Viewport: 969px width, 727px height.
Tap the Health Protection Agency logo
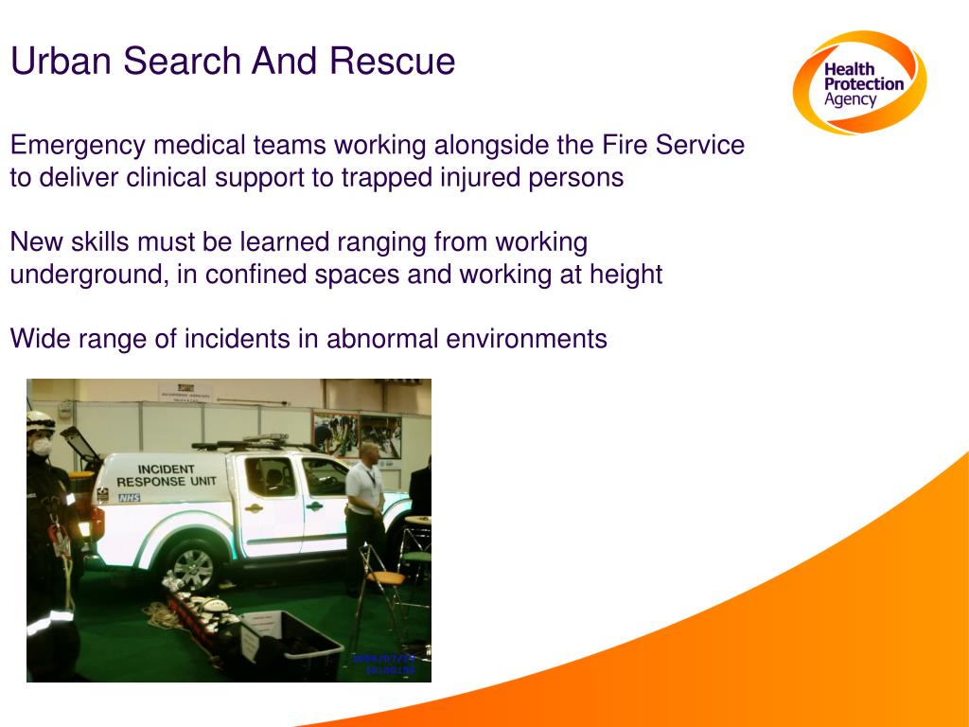[x=858, y=83]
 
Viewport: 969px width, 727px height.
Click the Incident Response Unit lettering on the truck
[x=167, y=475]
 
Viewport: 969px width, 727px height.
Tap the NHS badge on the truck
[x=129, y=497]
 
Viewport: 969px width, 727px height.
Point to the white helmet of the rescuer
[x=39, y=421]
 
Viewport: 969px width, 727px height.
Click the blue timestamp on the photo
[x=383, y=664]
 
